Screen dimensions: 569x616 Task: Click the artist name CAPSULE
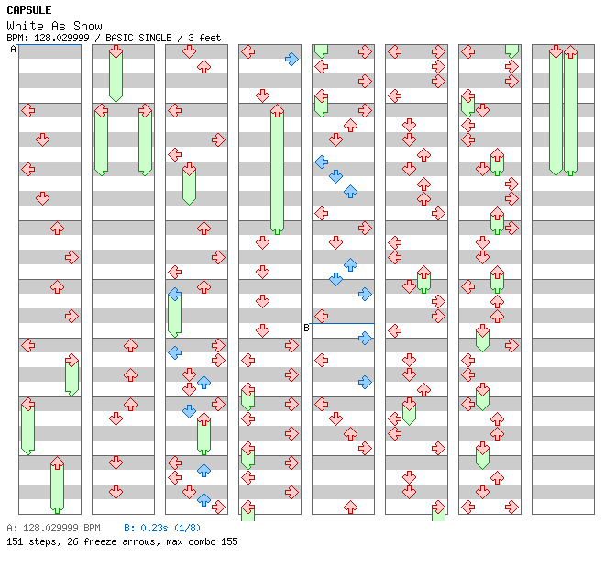point(28,10)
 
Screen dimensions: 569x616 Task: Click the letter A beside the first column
point(13,49)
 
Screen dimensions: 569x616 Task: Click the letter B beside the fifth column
point(306,328)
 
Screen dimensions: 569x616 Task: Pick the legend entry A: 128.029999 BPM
point(53,528)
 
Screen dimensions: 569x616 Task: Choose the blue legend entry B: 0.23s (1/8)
point(162,528)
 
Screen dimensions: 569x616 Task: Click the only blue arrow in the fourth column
point(291,59)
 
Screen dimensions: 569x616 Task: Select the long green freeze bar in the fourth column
point(277,170)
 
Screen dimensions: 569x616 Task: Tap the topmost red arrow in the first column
point(27,110)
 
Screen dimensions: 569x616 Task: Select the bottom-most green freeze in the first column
point(57,485)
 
